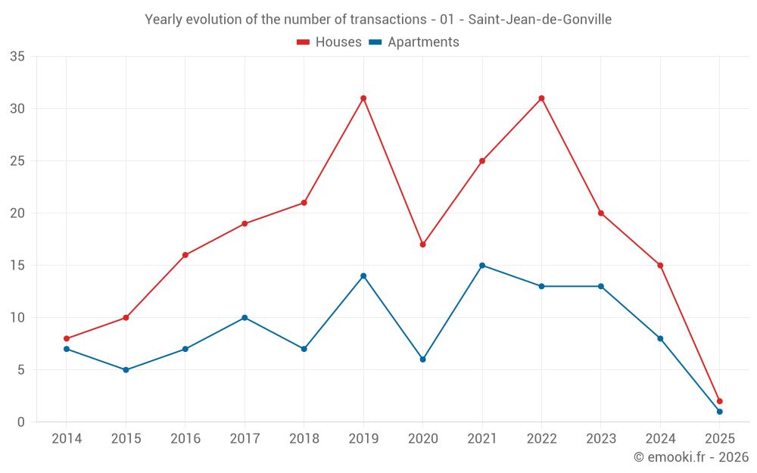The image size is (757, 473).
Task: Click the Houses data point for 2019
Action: point(363,98)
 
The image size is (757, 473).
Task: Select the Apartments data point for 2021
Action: point(482,266)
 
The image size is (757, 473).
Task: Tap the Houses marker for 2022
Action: point(541,98)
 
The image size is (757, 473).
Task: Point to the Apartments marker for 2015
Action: point(126,370)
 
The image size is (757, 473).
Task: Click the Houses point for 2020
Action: point(423,244)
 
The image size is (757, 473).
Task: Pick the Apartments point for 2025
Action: point(719,412)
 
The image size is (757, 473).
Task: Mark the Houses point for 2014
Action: point(67,339)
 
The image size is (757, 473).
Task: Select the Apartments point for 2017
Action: point(245,318)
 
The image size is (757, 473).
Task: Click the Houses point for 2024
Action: point(660,266)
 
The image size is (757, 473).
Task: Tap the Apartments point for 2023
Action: point(601,286)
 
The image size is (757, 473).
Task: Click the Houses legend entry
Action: point(329,42)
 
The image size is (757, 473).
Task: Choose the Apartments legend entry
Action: point(414,42)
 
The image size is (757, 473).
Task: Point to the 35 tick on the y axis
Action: point(17,57)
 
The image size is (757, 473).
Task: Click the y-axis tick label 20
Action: point(17,213)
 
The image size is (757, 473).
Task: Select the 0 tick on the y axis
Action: point(21,422)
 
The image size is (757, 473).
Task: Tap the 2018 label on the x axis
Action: point(304,439)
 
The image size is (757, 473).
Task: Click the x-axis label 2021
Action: point(482,439)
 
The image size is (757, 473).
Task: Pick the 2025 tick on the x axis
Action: point(719,439)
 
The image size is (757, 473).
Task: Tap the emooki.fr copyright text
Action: point(691,457)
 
